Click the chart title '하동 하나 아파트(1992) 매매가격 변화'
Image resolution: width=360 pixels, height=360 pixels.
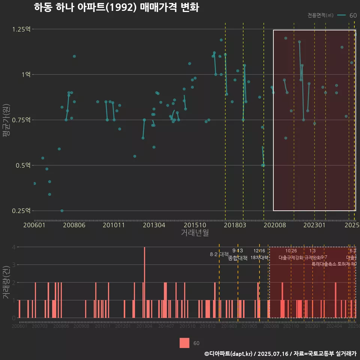pos(116,7)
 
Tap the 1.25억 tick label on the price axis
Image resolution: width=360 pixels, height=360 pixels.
pos(21,29)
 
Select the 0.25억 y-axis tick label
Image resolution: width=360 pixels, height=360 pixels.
pos(21,211)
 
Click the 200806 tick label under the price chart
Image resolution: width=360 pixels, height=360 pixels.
pos(74,225)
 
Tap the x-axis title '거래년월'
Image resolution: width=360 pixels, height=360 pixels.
pos(195,233)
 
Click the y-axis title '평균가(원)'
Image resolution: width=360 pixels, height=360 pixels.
pos(6,120)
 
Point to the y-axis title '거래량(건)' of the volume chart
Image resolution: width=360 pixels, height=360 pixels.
pos(6,282)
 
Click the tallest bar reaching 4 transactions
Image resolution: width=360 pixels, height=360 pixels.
pos(144,282)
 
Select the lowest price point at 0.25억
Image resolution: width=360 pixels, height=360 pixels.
pos(62,211)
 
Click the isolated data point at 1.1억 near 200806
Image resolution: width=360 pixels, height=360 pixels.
pos(74,56)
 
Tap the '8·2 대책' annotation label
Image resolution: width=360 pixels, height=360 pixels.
pos(219,254)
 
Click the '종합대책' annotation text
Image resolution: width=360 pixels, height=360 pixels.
pos(238,258)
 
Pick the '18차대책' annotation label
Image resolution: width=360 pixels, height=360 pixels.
pos(259,258)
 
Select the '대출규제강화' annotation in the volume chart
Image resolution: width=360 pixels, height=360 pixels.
pos(291,258)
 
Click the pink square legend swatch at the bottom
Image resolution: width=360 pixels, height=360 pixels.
pos(184,343)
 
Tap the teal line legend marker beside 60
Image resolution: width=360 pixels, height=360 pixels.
pos(341,15)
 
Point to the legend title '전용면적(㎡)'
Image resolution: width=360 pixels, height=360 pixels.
pos(321,15)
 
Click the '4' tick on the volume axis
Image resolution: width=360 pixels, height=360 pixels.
pos(13,247)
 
